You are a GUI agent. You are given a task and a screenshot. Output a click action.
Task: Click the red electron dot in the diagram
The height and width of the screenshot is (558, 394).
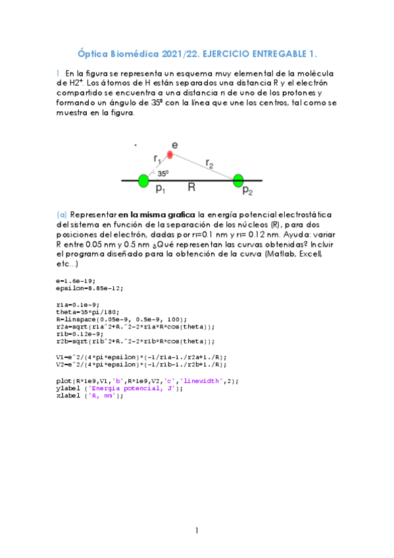[x=170, y=155]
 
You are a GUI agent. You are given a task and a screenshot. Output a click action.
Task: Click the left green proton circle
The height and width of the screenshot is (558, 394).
[x=143, y=180]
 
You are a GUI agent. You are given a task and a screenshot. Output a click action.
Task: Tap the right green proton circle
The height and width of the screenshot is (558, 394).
[x=238, y=180]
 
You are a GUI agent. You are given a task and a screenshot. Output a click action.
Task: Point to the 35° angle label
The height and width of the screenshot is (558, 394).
[x=162, y=174]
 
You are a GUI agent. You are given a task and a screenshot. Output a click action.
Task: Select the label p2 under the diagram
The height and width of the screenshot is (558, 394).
[x=247, y=191]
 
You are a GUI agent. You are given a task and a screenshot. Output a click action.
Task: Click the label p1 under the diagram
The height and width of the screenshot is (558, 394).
[x=160, y=189]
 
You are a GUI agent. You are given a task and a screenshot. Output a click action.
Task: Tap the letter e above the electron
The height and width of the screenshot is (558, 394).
[x=174, y=144]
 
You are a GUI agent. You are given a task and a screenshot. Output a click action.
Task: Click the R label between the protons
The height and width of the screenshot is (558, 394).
[x=191, y=188]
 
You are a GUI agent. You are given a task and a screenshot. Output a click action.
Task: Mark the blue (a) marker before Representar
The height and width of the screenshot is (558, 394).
[x=62, y=215]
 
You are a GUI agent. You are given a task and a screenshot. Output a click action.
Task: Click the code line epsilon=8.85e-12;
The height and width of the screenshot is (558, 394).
[x=89, y=288]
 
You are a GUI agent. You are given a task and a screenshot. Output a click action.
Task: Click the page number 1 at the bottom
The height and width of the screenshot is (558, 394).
[x=196, y=530]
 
